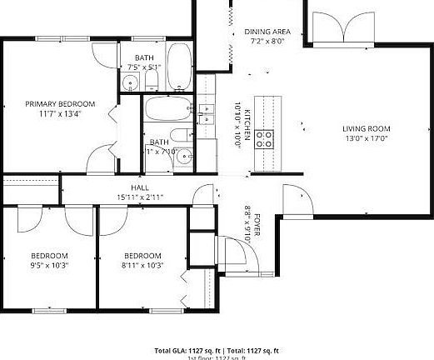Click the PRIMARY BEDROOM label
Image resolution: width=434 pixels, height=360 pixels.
click(x=59, y=103)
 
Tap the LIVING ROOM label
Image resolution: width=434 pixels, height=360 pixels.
click(x=366, y=128)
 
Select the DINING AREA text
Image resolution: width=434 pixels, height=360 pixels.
click(x=267, y=31)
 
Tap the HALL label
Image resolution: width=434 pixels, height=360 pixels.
click(x=139, y=188)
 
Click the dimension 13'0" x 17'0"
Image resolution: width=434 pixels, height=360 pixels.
click(x=366, y=139)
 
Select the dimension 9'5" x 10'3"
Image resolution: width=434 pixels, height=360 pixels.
click(x=49, y=265)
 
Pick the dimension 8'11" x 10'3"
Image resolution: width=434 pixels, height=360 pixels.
click(x=142, y=265)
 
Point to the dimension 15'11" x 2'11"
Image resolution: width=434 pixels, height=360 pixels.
click(x=139, y=197)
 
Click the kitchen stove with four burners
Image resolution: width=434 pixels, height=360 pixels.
click(x=266, y=138)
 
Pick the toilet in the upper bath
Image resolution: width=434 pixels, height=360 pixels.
click(x=152, y=81)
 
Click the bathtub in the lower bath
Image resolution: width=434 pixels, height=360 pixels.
click(x=169, y=109)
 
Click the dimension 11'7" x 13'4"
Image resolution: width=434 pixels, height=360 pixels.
click(x=59, y=114)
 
